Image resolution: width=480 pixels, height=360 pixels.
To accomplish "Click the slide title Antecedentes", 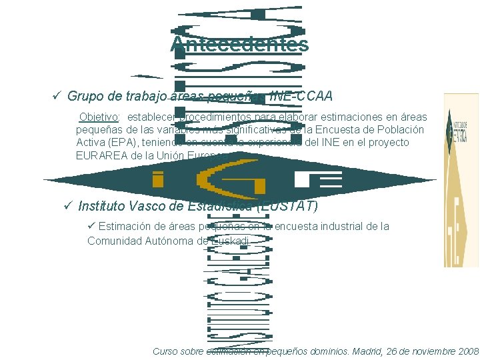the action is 239,45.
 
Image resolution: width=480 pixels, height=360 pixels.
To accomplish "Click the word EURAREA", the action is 101,155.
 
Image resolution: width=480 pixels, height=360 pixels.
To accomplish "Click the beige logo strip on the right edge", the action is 461,180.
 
